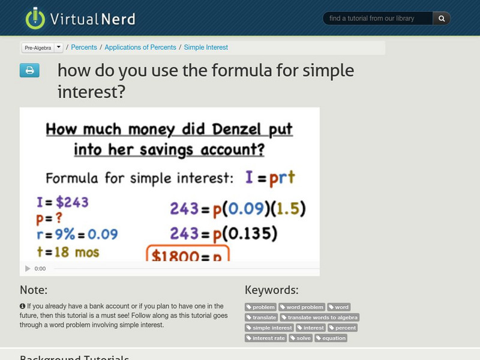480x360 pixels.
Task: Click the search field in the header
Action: tap(377, 19)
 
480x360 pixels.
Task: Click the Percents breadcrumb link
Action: tap(84, 47)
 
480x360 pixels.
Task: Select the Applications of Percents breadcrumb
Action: tap(141, 47)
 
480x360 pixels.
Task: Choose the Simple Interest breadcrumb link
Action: tap(206, 47)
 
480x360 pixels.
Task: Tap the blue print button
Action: tap(29, 71)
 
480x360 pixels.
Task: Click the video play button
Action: tap(27, 269)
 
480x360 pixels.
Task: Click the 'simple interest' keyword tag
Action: tap(269, 328)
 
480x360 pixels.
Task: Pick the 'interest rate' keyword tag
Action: tap(266, 338)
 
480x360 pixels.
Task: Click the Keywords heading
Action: tap(271, 290)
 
